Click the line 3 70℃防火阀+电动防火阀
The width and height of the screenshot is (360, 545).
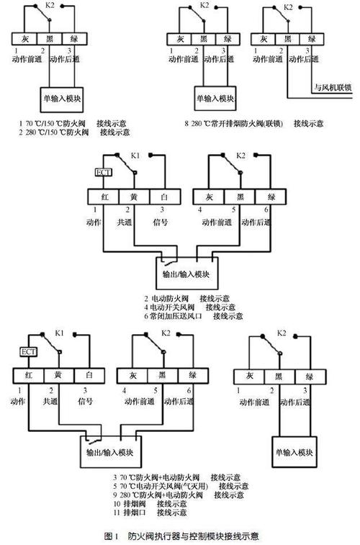(x=176, y=477)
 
